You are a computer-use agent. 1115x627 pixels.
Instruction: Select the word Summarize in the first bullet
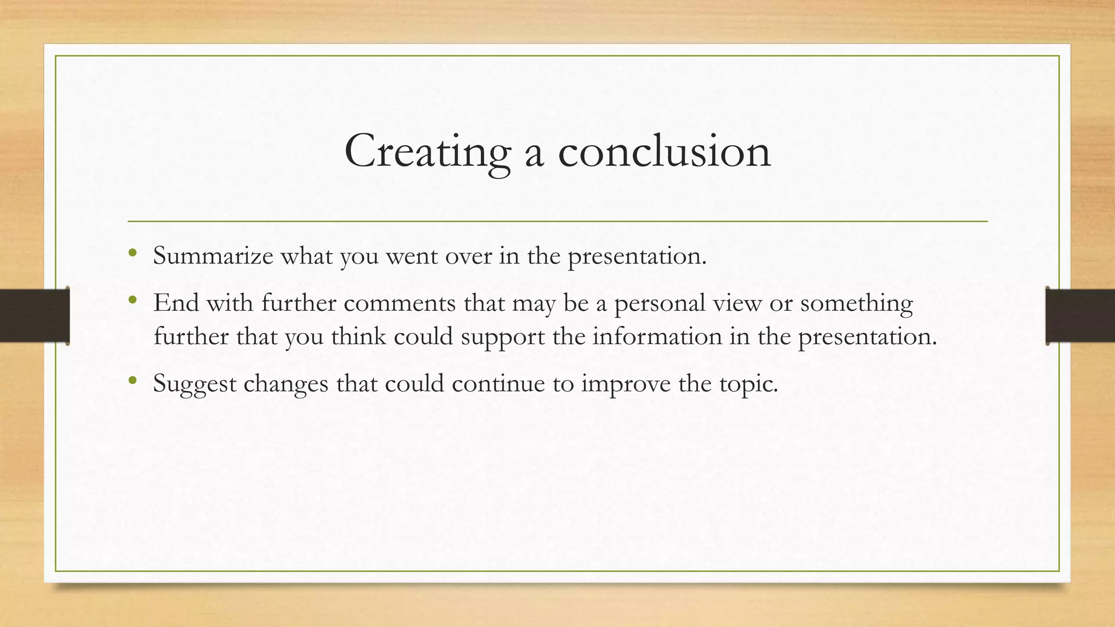point(213,256)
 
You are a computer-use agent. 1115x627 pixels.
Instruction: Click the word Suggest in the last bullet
point(194,384)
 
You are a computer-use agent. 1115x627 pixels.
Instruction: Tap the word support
point(503,337)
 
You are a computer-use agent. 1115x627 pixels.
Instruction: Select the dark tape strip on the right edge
point(1080,316)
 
